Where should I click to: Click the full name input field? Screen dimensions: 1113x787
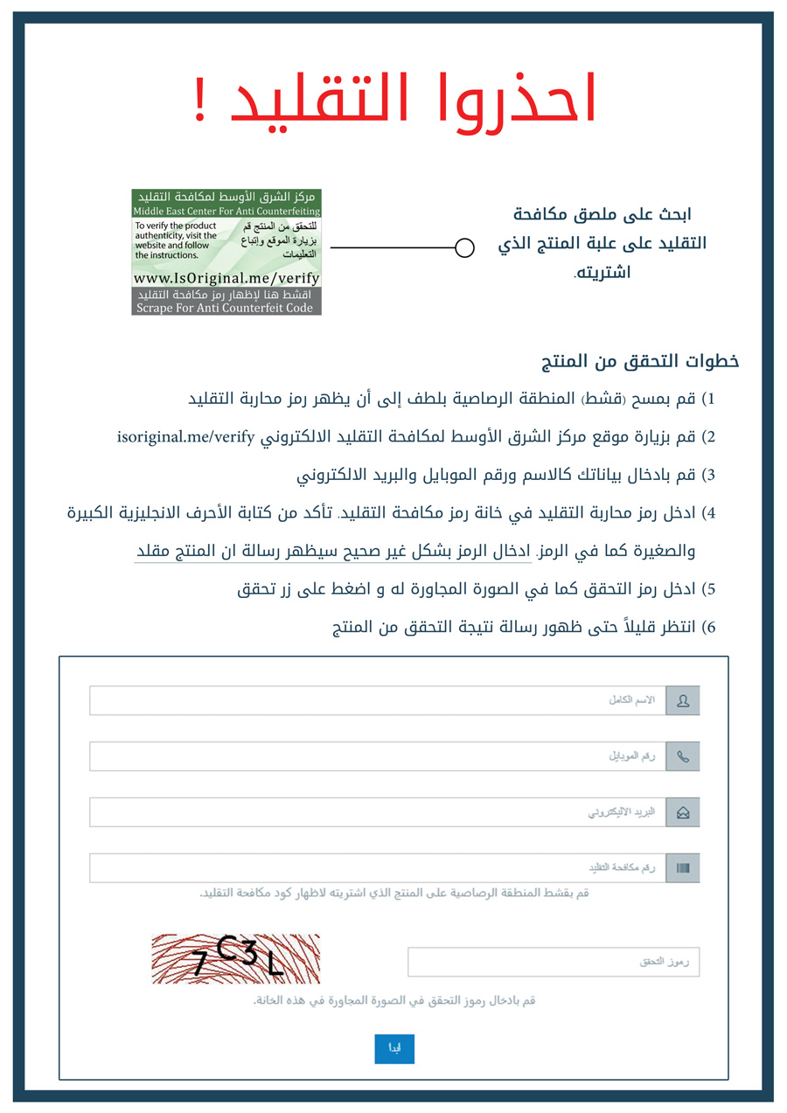point(377,700)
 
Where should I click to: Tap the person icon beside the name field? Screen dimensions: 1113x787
point(683,700)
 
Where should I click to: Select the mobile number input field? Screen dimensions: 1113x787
point(377,756)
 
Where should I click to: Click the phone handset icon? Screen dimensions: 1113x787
point(683,756)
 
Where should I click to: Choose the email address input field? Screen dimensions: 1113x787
point(377,812)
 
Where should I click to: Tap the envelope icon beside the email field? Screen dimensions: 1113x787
point(683,812)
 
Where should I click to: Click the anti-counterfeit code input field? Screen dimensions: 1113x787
point(377,868)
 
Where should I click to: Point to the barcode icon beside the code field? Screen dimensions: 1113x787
point(683,868)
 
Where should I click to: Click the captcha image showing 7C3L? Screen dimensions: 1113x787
point(236,959)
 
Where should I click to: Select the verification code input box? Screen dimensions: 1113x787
point(554,962)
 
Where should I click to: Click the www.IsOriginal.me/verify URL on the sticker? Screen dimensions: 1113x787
point(226,278)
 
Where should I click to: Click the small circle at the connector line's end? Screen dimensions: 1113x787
point(465,248)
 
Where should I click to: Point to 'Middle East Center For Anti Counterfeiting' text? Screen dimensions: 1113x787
point(226,212)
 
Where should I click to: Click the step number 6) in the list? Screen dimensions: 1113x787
point(709,627)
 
